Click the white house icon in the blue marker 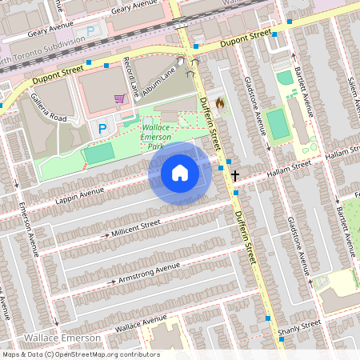pyautogui.click(x=180, y=173)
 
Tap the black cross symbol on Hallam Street pyautogui.click(x=235, y=174)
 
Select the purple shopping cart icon pyautogui.click(x=119, y=98)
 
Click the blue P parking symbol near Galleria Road pyautogui.click(x=102, y=128)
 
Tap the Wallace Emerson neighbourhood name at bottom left pyautogui.click(x=62, y=338)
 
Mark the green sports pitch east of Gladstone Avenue pyautogui.click(x=275, y=124)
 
